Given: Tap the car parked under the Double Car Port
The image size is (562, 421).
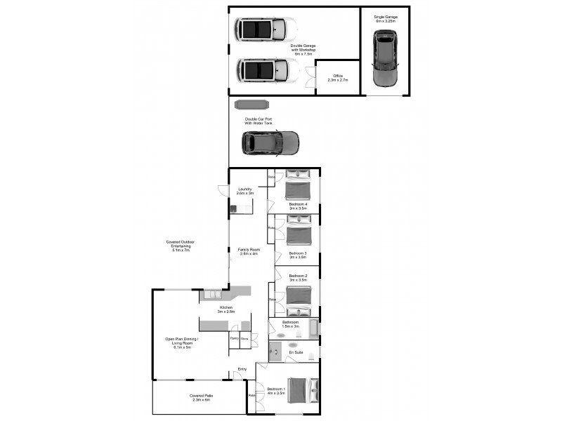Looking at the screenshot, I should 270,143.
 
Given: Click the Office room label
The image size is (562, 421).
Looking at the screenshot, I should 338,77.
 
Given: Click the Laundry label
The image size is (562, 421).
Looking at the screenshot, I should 245,191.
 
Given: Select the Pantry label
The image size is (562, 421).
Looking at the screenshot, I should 234,338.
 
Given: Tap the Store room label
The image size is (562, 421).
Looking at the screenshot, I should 244,338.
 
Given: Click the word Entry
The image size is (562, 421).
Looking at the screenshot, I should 242,369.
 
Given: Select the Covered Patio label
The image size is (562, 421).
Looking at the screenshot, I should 201,398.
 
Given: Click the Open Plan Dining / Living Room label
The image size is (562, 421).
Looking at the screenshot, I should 182,342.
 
